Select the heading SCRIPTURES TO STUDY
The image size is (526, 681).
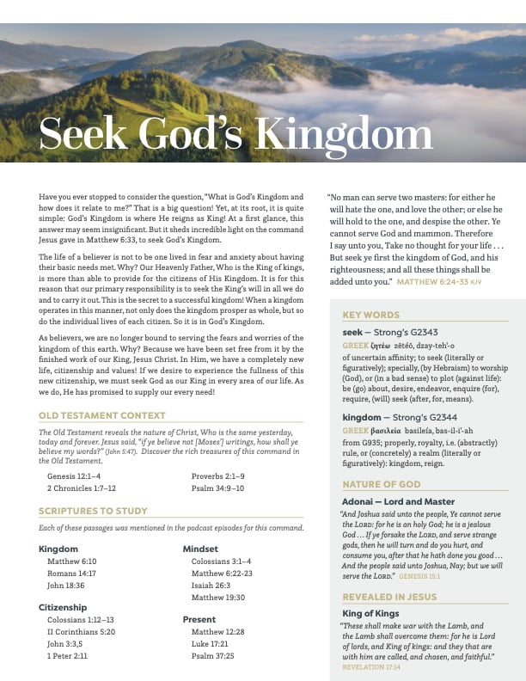tap(93, 512)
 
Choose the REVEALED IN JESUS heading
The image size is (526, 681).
tap(388, 597)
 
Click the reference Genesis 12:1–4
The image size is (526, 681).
tap(74, 475)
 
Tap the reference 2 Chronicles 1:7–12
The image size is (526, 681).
tap(82, 488)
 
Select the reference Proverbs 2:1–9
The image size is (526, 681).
tap(217, 475)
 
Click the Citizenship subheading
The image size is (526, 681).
tap(63, 607)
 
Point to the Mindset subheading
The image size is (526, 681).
tap(200, 549)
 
